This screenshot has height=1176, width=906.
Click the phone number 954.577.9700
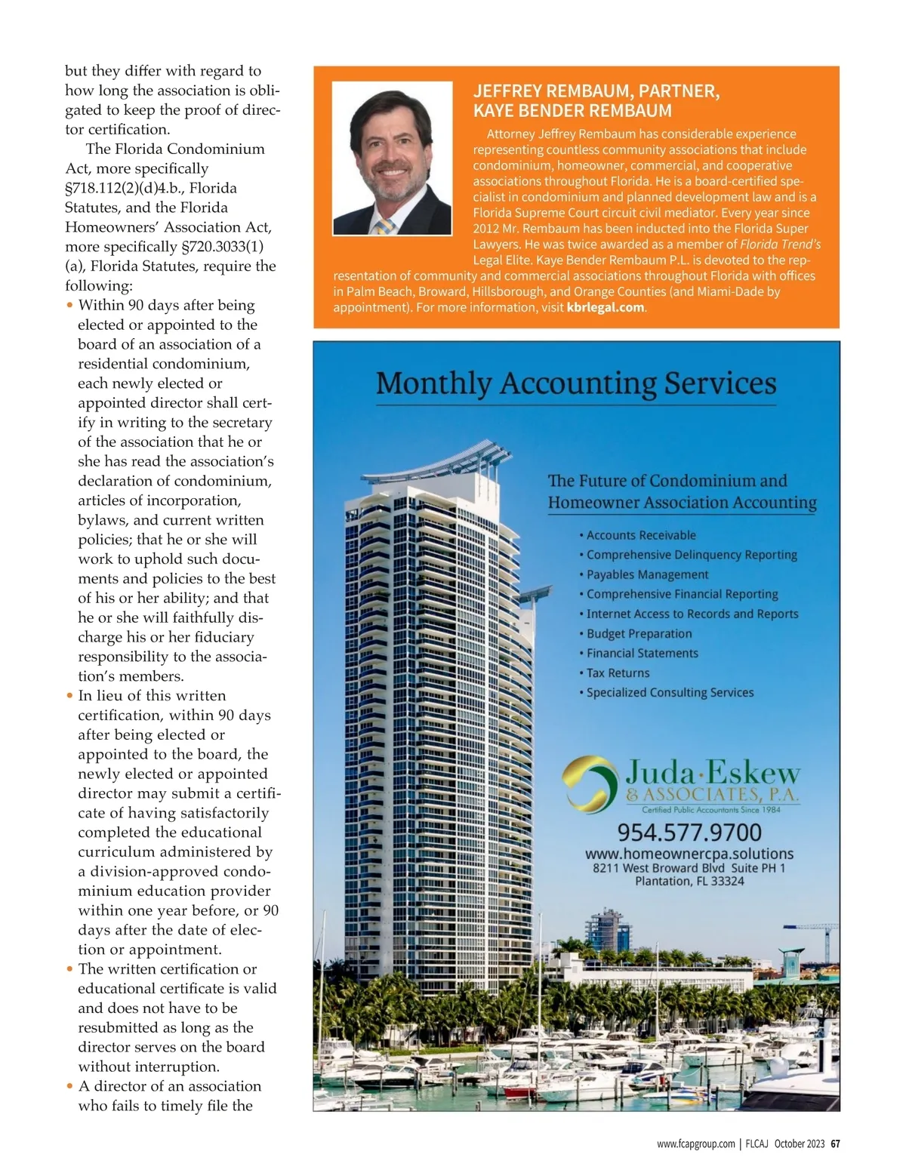click(689, 833)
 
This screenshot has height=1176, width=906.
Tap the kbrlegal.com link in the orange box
click(606, 308)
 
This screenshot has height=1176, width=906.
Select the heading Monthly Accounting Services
click(576, 383)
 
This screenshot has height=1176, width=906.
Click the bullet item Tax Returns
click(618, 673)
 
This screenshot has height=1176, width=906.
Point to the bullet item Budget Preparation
click(639, 633)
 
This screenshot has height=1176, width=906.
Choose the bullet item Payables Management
click(647, 574)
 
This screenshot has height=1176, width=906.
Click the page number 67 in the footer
click(835, 1144)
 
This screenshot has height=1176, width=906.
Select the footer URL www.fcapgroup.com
click(695, 1144)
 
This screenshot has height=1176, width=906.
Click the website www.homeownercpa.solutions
click(689, 854)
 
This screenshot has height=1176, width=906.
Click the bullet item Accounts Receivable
click(641, 535)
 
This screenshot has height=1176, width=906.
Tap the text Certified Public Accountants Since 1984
click(710, 810)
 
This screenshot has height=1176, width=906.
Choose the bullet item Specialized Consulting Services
click(670, 692)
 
